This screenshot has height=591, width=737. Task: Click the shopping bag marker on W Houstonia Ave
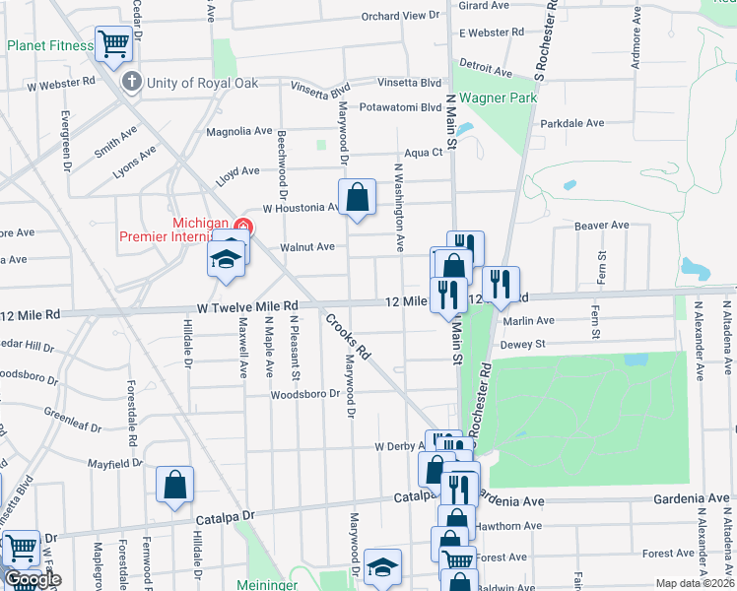pyautogui.click(x=357, y=196)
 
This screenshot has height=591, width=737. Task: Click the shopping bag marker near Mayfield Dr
pyautogui.click(x=174, y=485)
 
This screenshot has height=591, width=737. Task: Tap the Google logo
pyautogui.click(x=33, y=579)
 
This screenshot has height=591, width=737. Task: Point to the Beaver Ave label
pyautogui.click(x=601, y=226)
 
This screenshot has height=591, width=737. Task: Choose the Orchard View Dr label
pyautogui.click(x=399, y=16)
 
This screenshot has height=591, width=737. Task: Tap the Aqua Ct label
pyautogui.click(x=424, y=153)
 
